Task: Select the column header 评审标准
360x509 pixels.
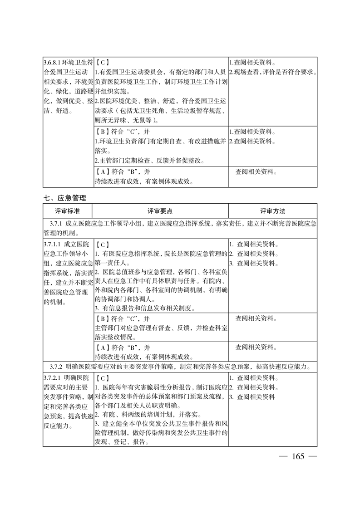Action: tap(68, 211)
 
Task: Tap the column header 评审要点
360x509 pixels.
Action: tap(160, 211)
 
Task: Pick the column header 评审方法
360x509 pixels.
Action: tap(272, 211)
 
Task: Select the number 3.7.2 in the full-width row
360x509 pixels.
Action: tap(56, 366)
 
